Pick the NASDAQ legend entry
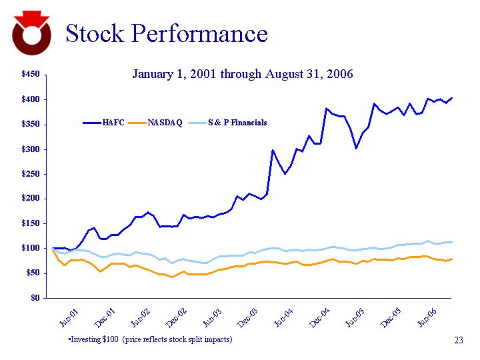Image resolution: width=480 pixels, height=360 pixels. click(165, 123)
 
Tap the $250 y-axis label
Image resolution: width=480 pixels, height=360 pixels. click(29, 174)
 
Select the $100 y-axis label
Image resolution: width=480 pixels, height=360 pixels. click(29, 248)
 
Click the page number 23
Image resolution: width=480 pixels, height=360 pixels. click(458, 341)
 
